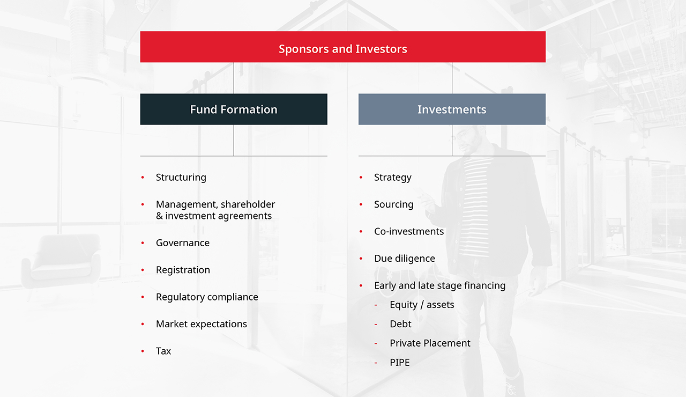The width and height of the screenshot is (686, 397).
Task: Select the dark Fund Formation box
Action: coord(234,109)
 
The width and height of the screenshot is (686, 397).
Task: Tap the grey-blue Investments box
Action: coord(452,109)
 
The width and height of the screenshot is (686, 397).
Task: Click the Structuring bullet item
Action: coord(181,178)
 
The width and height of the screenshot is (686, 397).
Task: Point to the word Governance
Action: coord(183,243)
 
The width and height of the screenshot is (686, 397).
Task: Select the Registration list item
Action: coord(183,270)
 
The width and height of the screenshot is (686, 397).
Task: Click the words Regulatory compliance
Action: coord(207,297)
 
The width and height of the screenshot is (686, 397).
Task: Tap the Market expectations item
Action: coord(202,324)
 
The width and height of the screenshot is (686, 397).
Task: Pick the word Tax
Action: coord(163,351)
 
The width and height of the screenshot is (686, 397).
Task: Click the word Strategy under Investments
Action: coord(393,178)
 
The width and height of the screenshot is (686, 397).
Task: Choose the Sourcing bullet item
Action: coord(394,204)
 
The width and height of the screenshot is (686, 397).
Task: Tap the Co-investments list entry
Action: coord(409,232)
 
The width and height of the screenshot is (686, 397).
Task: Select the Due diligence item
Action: coord(405,259)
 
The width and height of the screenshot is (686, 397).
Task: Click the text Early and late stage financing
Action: coord(439,285)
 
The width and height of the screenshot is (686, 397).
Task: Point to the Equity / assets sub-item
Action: coord(422,305)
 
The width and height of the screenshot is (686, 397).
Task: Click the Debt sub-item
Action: coord(400,324)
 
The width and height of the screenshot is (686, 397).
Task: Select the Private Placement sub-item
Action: coord(430,343)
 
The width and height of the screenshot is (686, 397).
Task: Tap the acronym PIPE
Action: coord(400,363)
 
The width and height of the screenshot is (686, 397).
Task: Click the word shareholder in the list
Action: coord(248,204)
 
